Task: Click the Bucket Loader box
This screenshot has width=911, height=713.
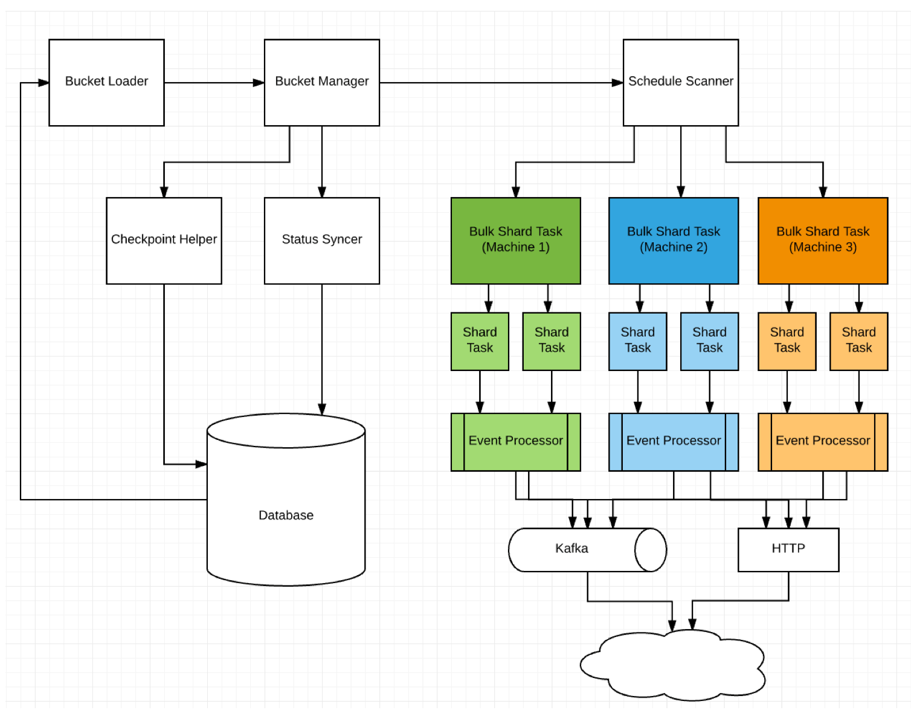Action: pyautogui.click(x=106, y=82)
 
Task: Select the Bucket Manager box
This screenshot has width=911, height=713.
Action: pyautogui.click(x=321, y=82)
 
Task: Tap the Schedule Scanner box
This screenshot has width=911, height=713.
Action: pyautogui.click(x=680, y=82)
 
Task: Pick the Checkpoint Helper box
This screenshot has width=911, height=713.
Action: pyautogui.click(x=164, y=240)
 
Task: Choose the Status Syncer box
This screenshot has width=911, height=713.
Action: pyautogui.click(x=321, y=240)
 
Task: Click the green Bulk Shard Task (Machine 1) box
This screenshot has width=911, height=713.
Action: pyautogui.click(x=515, y=240)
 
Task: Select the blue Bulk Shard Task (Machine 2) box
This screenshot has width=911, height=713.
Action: pyautogui.click(x=673, y=240)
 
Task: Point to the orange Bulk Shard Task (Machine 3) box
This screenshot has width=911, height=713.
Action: pyautogui.click(x=822, y=240)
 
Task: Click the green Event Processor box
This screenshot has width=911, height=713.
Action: pyautogui.click(x=515, y=442)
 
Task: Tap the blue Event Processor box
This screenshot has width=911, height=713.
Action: pyautogui.click(x=673, y=442)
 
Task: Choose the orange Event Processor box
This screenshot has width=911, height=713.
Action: pyautogui.click(x=822, y=442)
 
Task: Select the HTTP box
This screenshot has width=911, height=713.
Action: pyautogui.click(x=788, y=549)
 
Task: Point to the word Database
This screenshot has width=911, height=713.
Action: pyautogui.click(x=286, y=515)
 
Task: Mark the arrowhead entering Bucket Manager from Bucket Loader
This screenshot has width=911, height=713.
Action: pyautogui.click(x=259, y=83)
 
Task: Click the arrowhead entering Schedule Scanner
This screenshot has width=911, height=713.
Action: pyautogui.click(x=617, y=83)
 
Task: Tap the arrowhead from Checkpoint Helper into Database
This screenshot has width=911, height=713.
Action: pyautogui.click(x=201, y=464)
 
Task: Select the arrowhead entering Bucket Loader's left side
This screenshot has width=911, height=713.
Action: pyautogui.click(x=43, y=83)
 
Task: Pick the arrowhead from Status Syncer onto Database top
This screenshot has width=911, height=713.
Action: pyautogui.click(x=322, y=409)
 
